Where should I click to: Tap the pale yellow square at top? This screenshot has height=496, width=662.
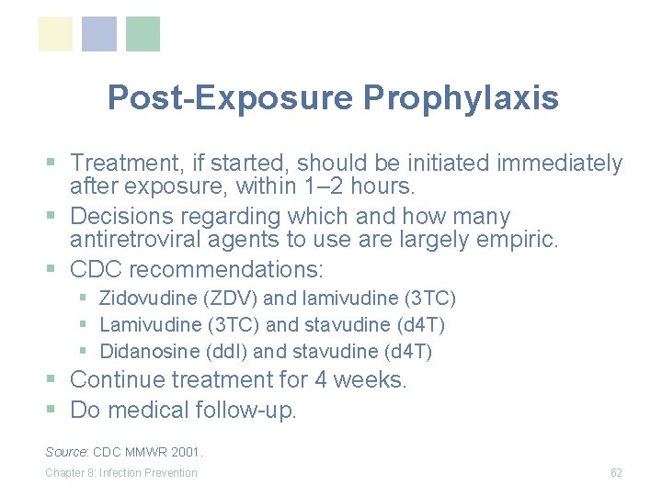(56, 34)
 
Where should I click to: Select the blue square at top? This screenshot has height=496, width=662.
(99, 34)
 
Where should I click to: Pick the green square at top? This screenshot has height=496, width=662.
(143, 34)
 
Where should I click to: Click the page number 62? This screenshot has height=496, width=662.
(616, 473)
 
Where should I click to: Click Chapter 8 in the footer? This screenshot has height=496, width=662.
(70, 473)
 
